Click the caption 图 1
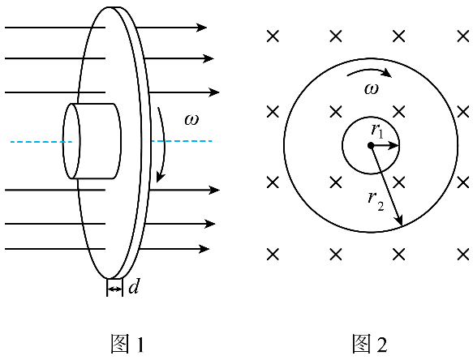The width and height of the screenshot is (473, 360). click(127, 344)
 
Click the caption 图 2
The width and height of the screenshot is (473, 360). click(370, 344)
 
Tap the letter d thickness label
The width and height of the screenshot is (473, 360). click(134, 286)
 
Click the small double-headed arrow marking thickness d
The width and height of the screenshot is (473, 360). click(114, 289)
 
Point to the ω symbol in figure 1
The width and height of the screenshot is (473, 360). click(191, 120)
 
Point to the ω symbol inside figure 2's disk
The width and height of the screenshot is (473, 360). click(372, 89)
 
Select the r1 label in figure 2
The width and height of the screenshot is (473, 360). click(378, 131)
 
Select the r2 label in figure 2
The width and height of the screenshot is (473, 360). click(376, 201)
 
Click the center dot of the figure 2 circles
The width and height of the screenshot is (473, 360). click(371, 146)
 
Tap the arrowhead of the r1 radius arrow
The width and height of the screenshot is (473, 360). click(393, 146)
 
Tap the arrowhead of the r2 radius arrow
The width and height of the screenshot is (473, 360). click(399, 220)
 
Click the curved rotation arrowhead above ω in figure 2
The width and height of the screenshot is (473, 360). click(386, 73)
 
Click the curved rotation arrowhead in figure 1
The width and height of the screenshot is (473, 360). click(160, 177)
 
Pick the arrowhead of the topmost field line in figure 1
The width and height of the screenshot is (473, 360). click(201, 28)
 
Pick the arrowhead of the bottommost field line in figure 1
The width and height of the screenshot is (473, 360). click(204, 249)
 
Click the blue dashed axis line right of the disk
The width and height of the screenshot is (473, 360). click(182, 141)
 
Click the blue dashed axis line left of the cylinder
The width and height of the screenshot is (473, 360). click(41, 142)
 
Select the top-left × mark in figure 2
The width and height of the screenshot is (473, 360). click(273, 36)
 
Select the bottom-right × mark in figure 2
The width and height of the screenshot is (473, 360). click(463, 255)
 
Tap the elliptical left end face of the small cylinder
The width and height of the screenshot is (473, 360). click(71, 141)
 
